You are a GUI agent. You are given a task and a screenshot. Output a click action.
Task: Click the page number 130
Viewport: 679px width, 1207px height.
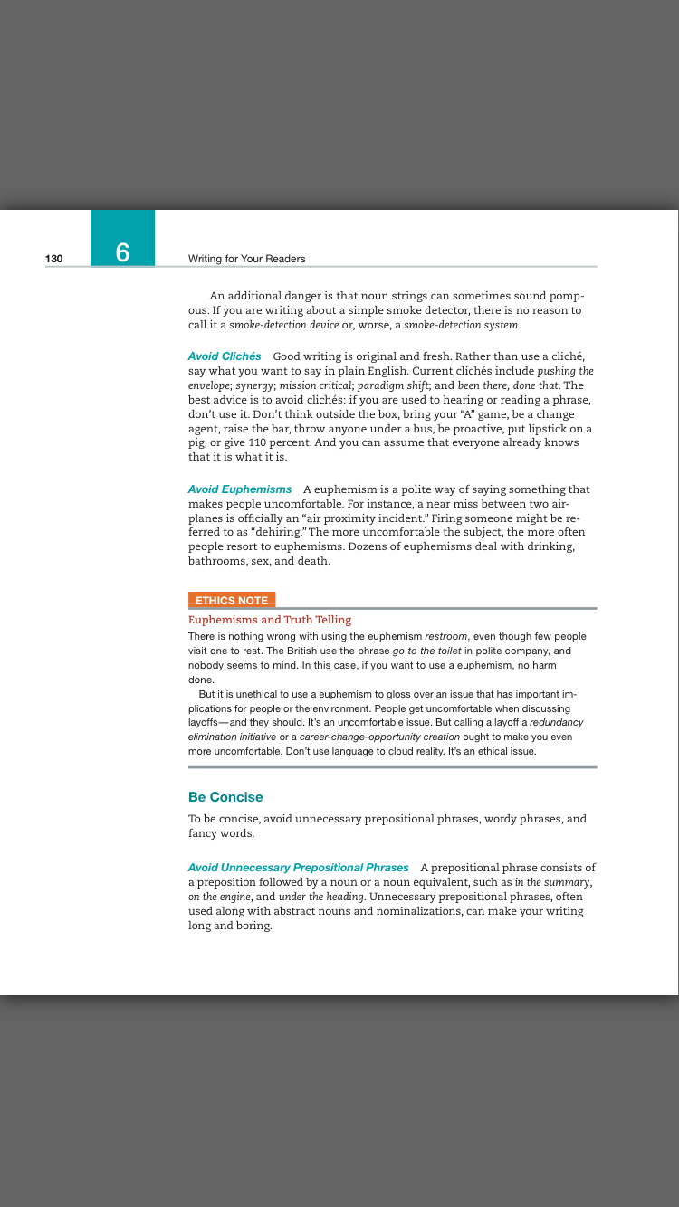click(x=53, y=259)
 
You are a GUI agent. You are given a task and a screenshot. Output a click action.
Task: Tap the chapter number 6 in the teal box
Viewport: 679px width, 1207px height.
click(x=122, y=252)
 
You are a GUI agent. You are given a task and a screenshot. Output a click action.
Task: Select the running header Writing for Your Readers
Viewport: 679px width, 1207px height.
click(x=246, y=259)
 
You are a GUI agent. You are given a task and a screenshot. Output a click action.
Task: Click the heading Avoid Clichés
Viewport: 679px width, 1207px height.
click(x=225, y=356)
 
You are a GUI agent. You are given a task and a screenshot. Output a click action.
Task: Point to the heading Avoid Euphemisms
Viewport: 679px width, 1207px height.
click(x=240, y=489)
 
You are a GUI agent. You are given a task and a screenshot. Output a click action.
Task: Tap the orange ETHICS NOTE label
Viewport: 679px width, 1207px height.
click(x=232, y=600)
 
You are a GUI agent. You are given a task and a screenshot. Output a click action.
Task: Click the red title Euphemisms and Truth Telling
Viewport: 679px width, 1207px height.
click(x=270, y=620)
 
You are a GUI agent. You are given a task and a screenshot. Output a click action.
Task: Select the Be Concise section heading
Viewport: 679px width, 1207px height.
click(x=225, y=797)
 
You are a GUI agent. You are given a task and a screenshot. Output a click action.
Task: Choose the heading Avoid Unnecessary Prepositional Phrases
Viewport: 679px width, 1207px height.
click(x=298, y=868)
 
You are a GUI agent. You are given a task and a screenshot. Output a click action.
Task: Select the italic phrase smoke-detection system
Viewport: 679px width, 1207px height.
click(x=462, y=325)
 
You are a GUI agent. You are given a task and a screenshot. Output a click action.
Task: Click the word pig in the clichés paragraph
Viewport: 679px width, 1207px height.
click(x=196, y=443)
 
